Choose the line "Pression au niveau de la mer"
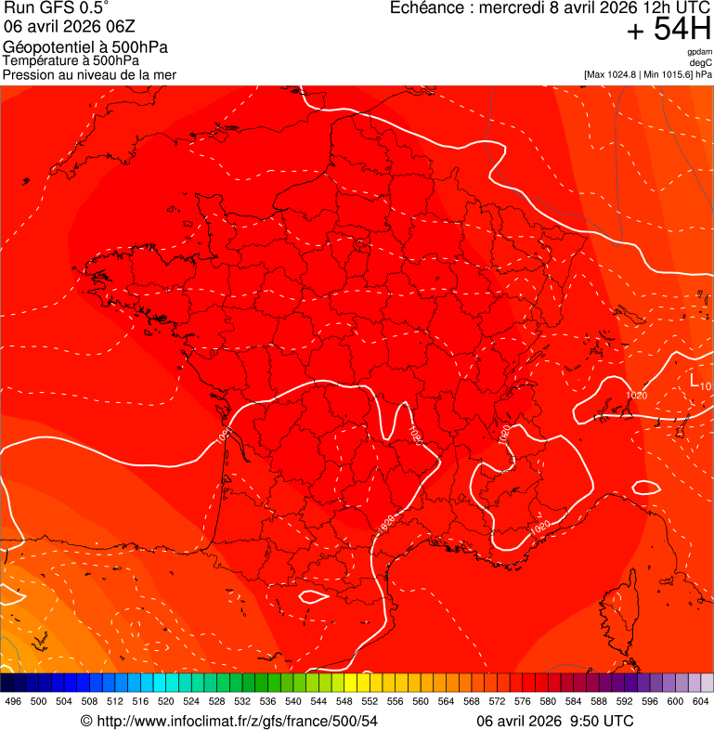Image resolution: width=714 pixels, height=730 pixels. [89, 74]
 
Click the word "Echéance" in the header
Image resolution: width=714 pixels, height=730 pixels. [428, 8]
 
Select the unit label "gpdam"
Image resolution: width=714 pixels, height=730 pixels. [699, 52]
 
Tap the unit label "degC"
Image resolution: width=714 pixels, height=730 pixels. [701, 62]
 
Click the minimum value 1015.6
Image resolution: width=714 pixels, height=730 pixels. [678, 74]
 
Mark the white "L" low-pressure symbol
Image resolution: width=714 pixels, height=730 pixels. [695, 380]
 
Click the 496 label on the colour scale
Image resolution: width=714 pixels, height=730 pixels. [13, 701]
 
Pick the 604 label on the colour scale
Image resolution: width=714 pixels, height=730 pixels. [701, 701]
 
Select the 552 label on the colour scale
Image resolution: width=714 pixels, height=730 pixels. [370, 701]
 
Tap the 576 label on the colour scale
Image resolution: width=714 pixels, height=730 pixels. [523, 701]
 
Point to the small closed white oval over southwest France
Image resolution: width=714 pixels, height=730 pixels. [314, 595]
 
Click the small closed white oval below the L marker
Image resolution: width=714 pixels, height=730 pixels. [645, 487]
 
